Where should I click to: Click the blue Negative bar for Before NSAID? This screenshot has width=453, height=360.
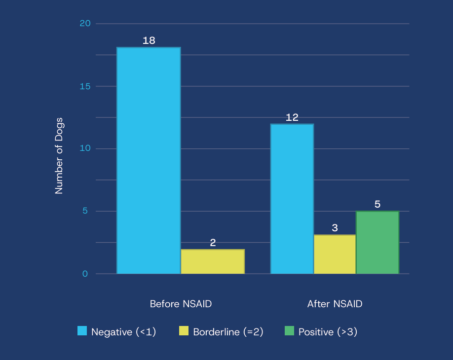[149, 160]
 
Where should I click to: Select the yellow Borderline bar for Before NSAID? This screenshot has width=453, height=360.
[213, 261]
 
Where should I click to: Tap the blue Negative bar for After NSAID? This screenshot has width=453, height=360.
[292, 199]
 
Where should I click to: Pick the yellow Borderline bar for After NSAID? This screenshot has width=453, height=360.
[335, 254]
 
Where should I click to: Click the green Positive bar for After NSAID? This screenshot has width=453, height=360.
[377, 242]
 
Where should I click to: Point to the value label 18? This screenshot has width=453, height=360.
[149, 40]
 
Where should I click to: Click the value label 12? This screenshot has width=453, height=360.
[292, 117]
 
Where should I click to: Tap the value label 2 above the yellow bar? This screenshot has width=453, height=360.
[213, 243]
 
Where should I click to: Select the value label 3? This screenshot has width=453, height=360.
[335, 228]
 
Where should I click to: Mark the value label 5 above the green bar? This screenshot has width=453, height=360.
[377, 204]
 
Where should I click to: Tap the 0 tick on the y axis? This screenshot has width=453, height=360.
[85, 274]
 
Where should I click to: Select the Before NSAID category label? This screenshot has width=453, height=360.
[181, 304]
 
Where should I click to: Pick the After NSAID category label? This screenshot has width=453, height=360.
[335, 304]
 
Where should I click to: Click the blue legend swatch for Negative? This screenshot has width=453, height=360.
[82, 331]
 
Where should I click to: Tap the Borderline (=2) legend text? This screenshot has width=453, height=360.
[228, 332]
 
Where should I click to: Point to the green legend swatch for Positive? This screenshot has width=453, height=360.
[289, 331]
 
